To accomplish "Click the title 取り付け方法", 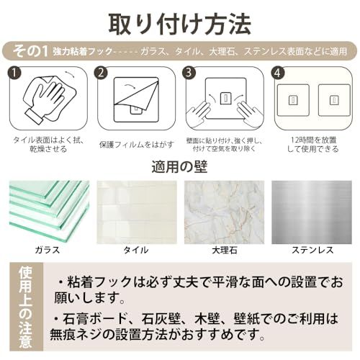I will coord(180,22).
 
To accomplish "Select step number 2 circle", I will coord(102,73).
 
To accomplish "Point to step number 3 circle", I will coord(189,73).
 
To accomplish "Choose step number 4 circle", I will coord(278,73).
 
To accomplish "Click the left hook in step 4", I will coord(293,100).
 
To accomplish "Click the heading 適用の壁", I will coord(180,168).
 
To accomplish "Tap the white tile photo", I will coord(137,210).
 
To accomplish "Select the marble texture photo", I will coord(224,210).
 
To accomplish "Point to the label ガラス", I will coord(48,250).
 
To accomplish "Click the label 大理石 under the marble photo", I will coord(224,250).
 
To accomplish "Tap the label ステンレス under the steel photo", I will coord(312,250).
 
